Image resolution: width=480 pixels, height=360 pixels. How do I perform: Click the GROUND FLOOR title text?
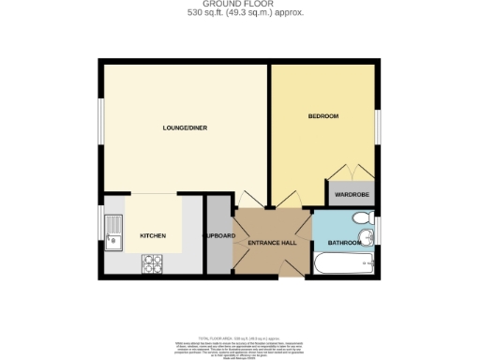240,5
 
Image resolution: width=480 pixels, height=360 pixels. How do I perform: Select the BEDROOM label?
322,116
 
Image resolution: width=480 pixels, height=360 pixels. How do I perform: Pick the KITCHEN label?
153,235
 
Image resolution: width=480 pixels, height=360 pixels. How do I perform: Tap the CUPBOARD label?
218,235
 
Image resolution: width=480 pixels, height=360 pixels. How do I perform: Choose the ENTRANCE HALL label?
272,243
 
